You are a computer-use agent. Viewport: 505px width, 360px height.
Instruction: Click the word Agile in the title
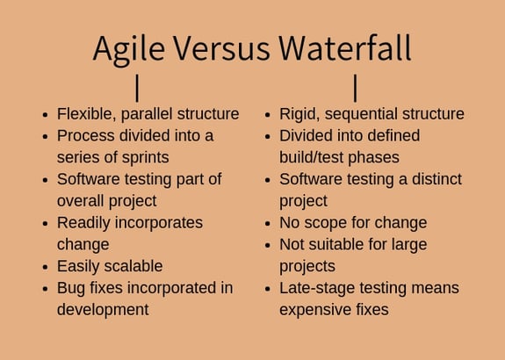(x=130, y=48)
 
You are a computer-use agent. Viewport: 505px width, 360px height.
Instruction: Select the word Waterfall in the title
(x=345, y=48)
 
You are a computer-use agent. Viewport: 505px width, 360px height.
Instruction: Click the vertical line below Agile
(x=137, y=87)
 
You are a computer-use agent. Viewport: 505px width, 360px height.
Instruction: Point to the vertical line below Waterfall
(x=355, y=87)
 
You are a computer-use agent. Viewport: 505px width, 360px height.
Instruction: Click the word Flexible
(x=86, y=114)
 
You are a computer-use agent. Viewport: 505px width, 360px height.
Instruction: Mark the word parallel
(x=149, y=114)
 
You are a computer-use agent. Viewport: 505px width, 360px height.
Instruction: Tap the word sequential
(x=368, y=114)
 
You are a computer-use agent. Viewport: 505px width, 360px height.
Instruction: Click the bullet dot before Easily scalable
(x=45, y=267)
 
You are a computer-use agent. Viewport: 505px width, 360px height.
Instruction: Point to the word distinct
(x=431, y=179)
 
